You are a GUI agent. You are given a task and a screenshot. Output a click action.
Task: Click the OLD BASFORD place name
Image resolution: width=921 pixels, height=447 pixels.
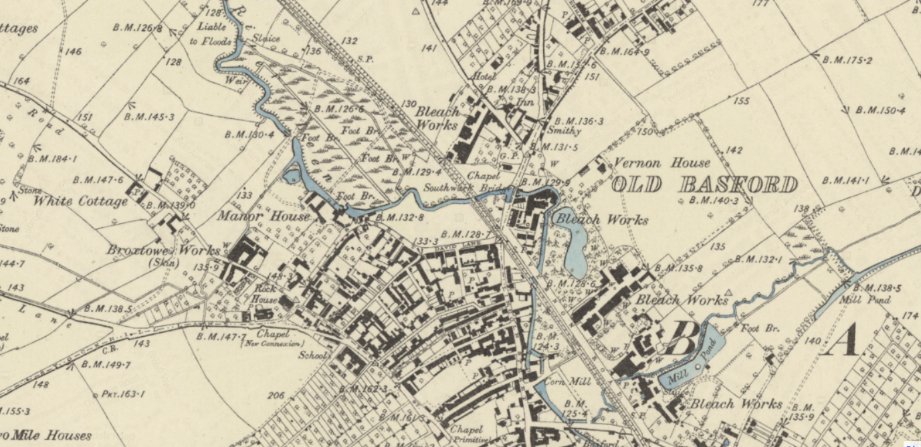(x=704, y=184)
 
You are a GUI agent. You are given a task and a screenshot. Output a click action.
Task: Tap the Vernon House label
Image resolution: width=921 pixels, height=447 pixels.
(x=662, y=163)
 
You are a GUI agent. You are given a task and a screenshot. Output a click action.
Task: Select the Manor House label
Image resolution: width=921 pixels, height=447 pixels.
(x=263, y=216)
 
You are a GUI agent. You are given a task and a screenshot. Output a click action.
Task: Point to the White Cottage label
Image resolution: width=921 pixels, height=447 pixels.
(x=80, y=201)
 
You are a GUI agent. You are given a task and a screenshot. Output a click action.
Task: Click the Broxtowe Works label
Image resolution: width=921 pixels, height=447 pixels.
(x=163, y=251)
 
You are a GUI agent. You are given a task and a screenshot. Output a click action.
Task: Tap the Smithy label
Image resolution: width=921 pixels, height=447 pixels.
(x=564, y=131)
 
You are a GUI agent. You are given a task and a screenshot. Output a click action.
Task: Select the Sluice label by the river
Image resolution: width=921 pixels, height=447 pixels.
(x=265, y=39)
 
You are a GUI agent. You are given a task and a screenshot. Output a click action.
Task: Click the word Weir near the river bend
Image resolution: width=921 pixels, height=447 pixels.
(x=241, y=80)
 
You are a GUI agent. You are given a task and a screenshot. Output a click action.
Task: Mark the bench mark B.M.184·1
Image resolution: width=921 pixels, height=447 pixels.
(x=52, y=159)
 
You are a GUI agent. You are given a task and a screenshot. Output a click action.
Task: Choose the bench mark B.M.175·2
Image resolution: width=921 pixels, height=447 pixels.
(x=847, y=60)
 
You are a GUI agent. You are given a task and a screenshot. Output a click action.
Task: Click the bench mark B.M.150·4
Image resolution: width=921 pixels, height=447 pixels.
(x=880, y=110)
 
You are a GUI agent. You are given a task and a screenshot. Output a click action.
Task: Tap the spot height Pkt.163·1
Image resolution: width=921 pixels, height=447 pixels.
(x=122, y=394)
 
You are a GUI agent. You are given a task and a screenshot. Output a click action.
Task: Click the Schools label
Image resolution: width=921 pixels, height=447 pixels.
(x=314, y=355)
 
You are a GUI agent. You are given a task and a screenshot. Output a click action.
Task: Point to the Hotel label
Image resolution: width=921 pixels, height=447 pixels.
(x=483, y=77)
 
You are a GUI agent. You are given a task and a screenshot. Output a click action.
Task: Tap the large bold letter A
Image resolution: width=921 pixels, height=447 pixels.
(x=843, y=341)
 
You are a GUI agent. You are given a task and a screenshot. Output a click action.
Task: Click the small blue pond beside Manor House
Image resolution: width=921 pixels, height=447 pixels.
(x=292, y=176)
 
